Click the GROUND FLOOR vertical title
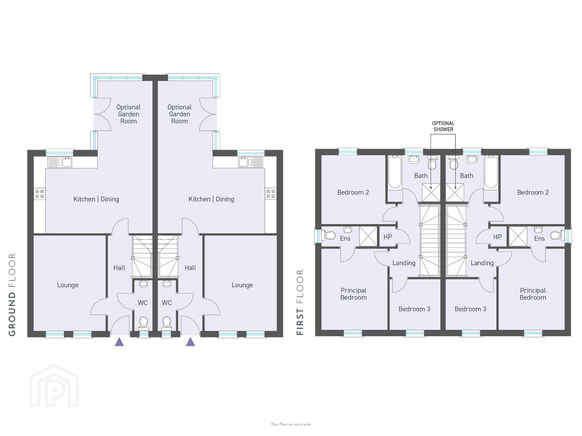point(12,295)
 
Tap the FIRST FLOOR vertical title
point(299,302)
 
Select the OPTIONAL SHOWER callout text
point(443,126)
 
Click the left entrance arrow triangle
point(119,342)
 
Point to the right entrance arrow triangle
point(190,342)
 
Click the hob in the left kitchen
point(40,194)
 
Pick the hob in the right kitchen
point(271,194)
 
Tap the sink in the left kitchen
point(60,162)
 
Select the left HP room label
point(388,237)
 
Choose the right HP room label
point(498,237)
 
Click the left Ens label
point(345,239)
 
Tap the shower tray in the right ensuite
point(518,237)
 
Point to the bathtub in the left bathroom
point(395,173)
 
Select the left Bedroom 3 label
point(414,309)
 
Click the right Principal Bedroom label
point(533,294)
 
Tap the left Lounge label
point(68,285)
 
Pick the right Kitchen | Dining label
point(211,199)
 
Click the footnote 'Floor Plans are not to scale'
point(291,424)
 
